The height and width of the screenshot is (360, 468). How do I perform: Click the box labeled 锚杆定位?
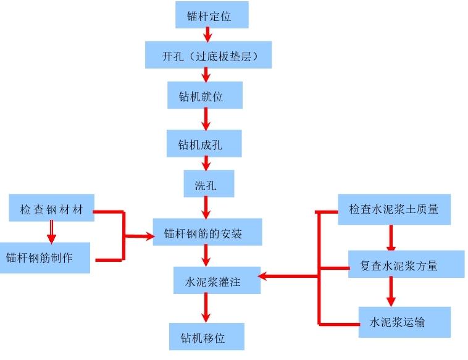click(212, 15)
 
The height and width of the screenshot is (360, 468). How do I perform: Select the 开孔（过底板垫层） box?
click(208, 55)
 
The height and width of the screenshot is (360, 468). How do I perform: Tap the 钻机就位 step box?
click(204, 95)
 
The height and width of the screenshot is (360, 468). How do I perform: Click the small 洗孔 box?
click(209, 183)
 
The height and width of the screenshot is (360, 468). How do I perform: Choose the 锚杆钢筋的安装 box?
click(207, 233)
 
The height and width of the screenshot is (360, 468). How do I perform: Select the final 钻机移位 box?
click(207, 337)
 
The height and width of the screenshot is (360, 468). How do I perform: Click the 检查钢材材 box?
click(51, 208)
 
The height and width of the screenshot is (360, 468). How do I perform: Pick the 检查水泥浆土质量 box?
click(394, 209)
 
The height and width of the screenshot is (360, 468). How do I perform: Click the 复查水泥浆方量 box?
click(406, 264)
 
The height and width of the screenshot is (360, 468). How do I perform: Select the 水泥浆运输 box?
click(404, 321)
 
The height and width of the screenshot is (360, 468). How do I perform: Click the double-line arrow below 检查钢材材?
click(51, 232)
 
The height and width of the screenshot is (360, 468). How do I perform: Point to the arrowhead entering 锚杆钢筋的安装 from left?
click(148, 235)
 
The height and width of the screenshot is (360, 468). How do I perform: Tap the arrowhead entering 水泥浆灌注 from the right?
click(264, 275)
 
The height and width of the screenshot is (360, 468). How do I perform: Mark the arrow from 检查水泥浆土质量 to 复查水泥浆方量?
click(391, 237)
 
